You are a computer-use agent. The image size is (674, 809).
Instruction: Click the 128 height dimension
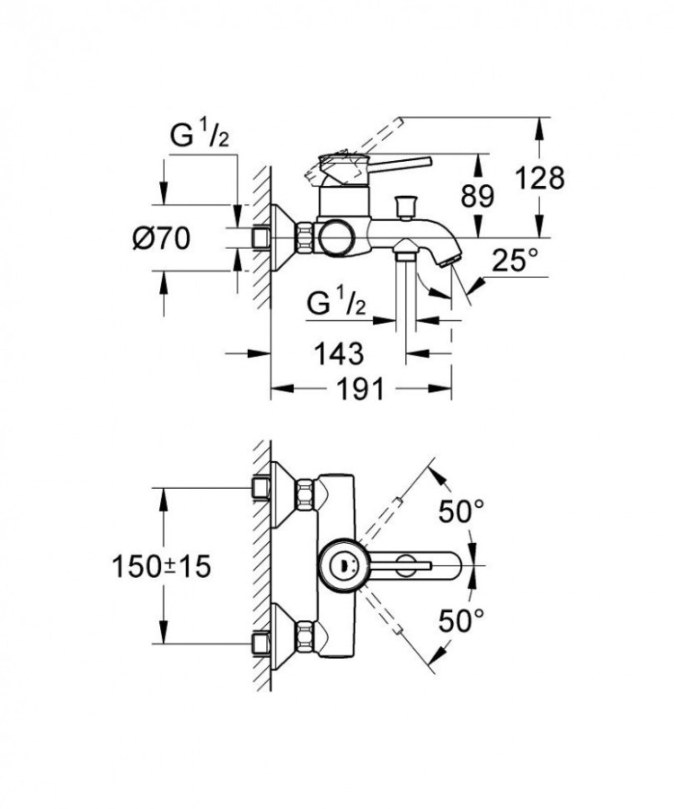(539, 178)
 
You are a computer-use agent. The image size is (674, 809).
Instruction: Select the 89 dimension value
(475, 196)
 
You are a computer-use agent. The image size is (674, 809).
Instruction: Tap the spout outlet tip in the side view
(452, 258)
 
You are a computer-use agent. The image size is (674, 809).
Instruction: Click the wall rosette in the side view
(286, 237)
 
